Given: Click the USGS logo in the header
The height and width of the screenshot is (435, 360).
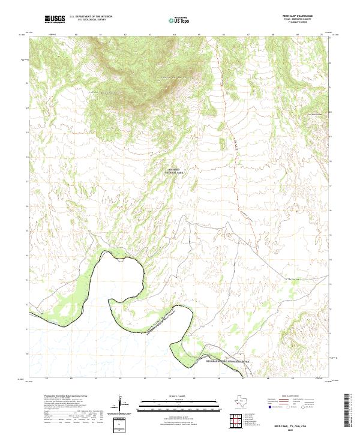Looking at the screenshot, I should (x=55, y=20).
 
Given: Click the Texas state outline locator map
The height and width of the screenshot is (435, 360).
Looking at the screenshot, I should (x=246, y=403).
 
